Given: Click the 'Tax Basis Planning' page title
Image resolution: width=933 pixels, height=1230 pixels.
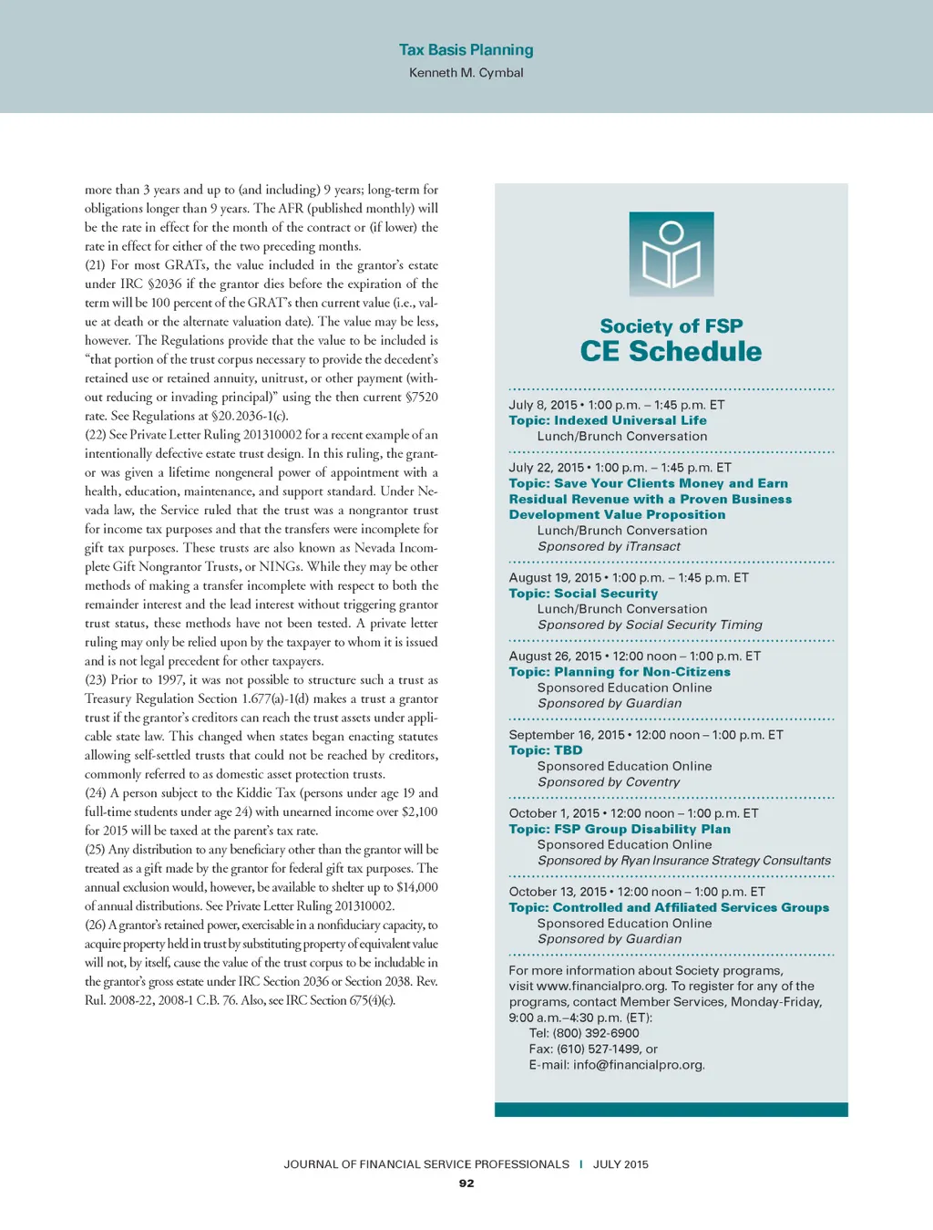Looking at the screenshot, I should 466,50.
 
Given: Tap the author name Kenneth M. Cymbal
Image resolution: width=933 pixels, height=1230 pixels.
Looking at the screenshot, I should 466,73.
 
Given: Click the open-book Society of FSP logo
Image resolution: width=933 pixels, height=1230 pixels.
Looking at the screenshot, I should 672,254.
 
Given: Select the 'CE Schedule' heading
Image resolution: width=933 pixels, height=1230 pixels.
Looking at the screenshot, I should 671,352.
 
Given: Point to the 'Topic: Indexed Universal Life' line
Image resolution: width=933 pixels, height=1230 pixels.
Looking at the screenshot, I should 608,420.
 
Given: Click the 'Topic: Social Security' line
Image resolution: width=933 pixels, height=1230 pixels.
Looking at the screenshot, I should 583,594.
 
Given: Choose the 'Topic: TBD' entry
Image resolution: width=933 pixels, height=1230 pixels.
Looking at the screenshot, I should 545,750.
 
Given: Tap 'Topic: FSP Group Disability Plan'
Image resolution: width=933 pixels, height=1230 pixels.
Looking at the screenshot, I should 620,829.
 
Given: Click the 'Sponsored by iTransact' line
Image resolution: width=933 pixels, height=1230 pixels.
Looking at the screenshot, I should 609,546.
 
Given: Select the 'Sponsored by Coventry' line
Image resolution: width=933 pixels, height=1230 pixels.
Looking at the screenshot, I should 609,782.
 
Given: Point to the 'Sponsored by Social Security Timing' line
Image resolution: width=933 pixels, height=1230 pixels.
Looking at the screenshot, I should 650,625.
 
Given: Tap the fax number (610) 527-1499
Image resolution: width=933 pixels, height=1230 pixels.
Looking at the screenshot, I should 600,1049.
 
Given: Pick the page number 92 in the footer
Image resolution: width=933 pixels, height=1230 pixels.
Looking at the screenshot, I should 466,1183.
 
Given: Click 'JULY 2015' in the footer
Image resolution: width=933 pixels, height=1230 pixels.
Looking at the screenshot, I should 620,1164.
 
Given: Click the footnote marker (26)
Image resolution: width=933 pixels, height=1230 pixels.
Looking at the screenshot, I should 96,925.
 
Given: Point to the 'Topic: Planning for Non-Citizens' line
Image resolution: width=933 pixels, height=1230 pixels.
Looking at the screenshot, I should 620,672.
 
